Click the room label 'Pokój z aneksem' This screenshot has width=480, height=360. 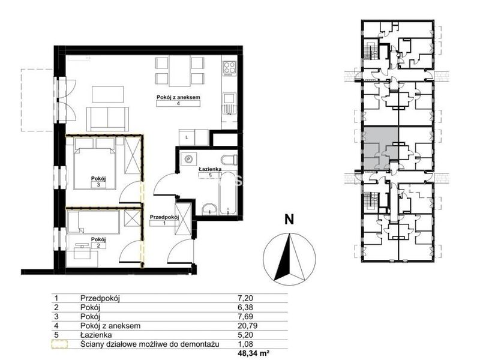[x=178, y=97]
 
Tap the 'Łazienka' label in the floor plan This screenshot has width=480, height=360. [x=210, y=169]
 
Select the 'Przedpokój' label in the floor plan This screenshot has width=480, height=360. [x=164, y=217]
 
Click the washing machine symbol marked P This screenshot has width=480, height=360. [x=189, y=158]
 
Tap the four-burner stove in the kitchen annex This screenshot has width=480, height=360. [x=230, y=68]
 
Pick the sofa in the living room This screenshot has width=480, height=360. [x=107, y=119]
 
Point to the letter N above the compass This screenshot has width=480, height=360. [x=289, y=220]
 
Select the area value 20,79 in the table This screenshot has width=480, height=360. [x=245, y=326]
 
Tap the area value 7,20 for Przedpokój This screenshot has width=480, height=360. [x=245, y=298]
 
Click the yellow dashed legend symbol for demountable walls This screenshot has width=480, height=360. [x=59, y=344]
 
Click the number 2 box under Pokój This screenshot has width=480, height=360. [x=98, y=245]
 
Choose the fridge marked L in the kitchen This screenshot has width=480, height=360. [x=187, y=137]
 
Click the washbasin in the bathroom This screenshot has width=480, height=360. [x=209, y=209]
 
